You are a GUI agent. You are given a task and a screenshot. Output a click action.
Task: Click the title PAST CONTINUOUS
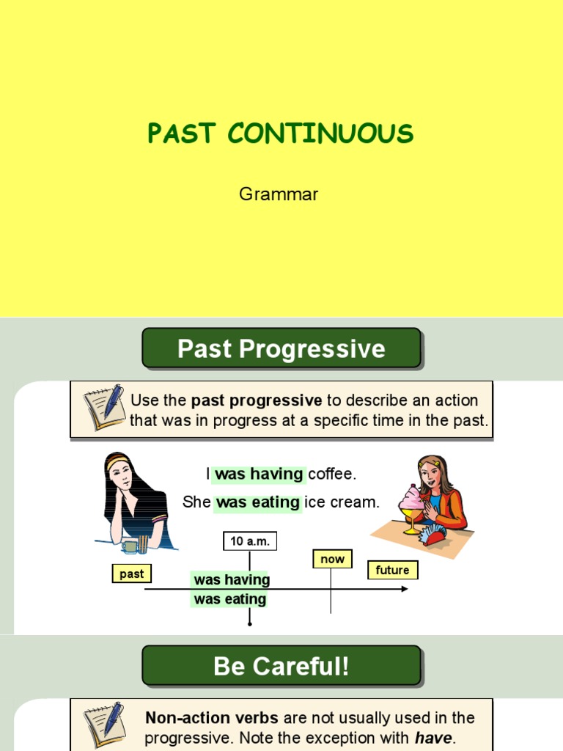(x=281, y=134)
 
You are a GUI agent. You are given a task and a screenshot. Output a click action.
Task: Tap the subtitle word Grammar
(x=279, y=194)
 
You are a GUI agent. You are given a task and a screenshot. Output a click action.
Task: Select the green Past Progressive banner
(x=281, y=348)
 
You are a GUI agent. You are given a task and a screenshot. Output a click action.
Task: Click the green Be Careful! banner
(x=281, y=666)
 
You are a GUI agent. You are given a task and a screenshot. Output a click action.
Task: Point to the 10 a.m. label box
(x=250, y=541)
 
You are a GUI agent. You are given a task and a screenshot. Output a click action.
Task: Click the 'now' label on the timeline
(x=332, y=559)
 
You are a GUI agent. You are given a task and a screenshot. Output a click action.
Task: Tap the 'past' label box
(x=132, y=574)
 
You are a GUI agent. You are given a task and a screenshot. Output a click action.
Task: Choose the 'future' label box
(x=392, y=570)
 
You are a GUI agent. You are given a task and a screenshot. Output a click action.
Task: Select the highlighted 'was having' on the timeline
(x=231, y=579)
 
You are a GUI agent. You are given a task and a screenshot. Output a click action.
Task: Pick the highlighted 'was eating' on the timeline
(x=229, y=599)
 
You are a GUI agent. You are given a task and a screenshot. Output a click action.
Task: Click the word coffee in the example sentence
(x=331, y=474)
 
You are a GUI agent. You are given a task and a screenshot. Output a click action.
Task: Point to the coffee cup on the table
(x=131, y=546)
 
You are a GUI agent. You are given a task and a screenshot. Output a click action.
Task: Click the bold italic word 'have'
(x=433, y=738)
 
